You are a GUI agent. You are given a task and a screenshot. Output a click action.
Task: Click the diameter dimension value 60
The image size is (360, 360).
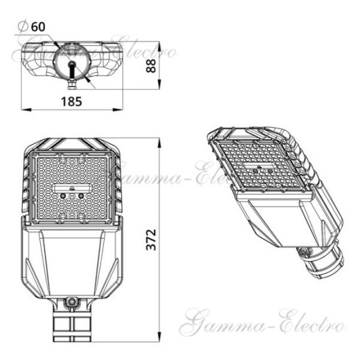tap(37, 26)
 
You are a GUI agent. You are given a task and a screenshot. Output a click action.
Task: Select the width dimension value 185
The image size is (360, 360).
tap(71, 101)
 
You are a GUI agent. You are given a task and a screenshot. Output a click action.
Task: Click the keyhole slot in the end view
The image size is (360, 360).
tap(71, 67)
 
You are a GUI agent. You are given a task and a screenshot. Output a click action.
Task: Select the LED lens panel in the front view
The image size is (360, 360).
tap(71, 187)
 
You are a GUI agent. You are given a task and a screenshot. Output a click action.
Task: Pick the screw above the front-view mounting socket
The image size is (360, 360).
tap(71, 302)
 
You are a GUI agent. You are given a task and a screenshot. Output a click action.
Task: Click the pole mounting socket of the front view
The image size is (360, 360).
tap(71, 324)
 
